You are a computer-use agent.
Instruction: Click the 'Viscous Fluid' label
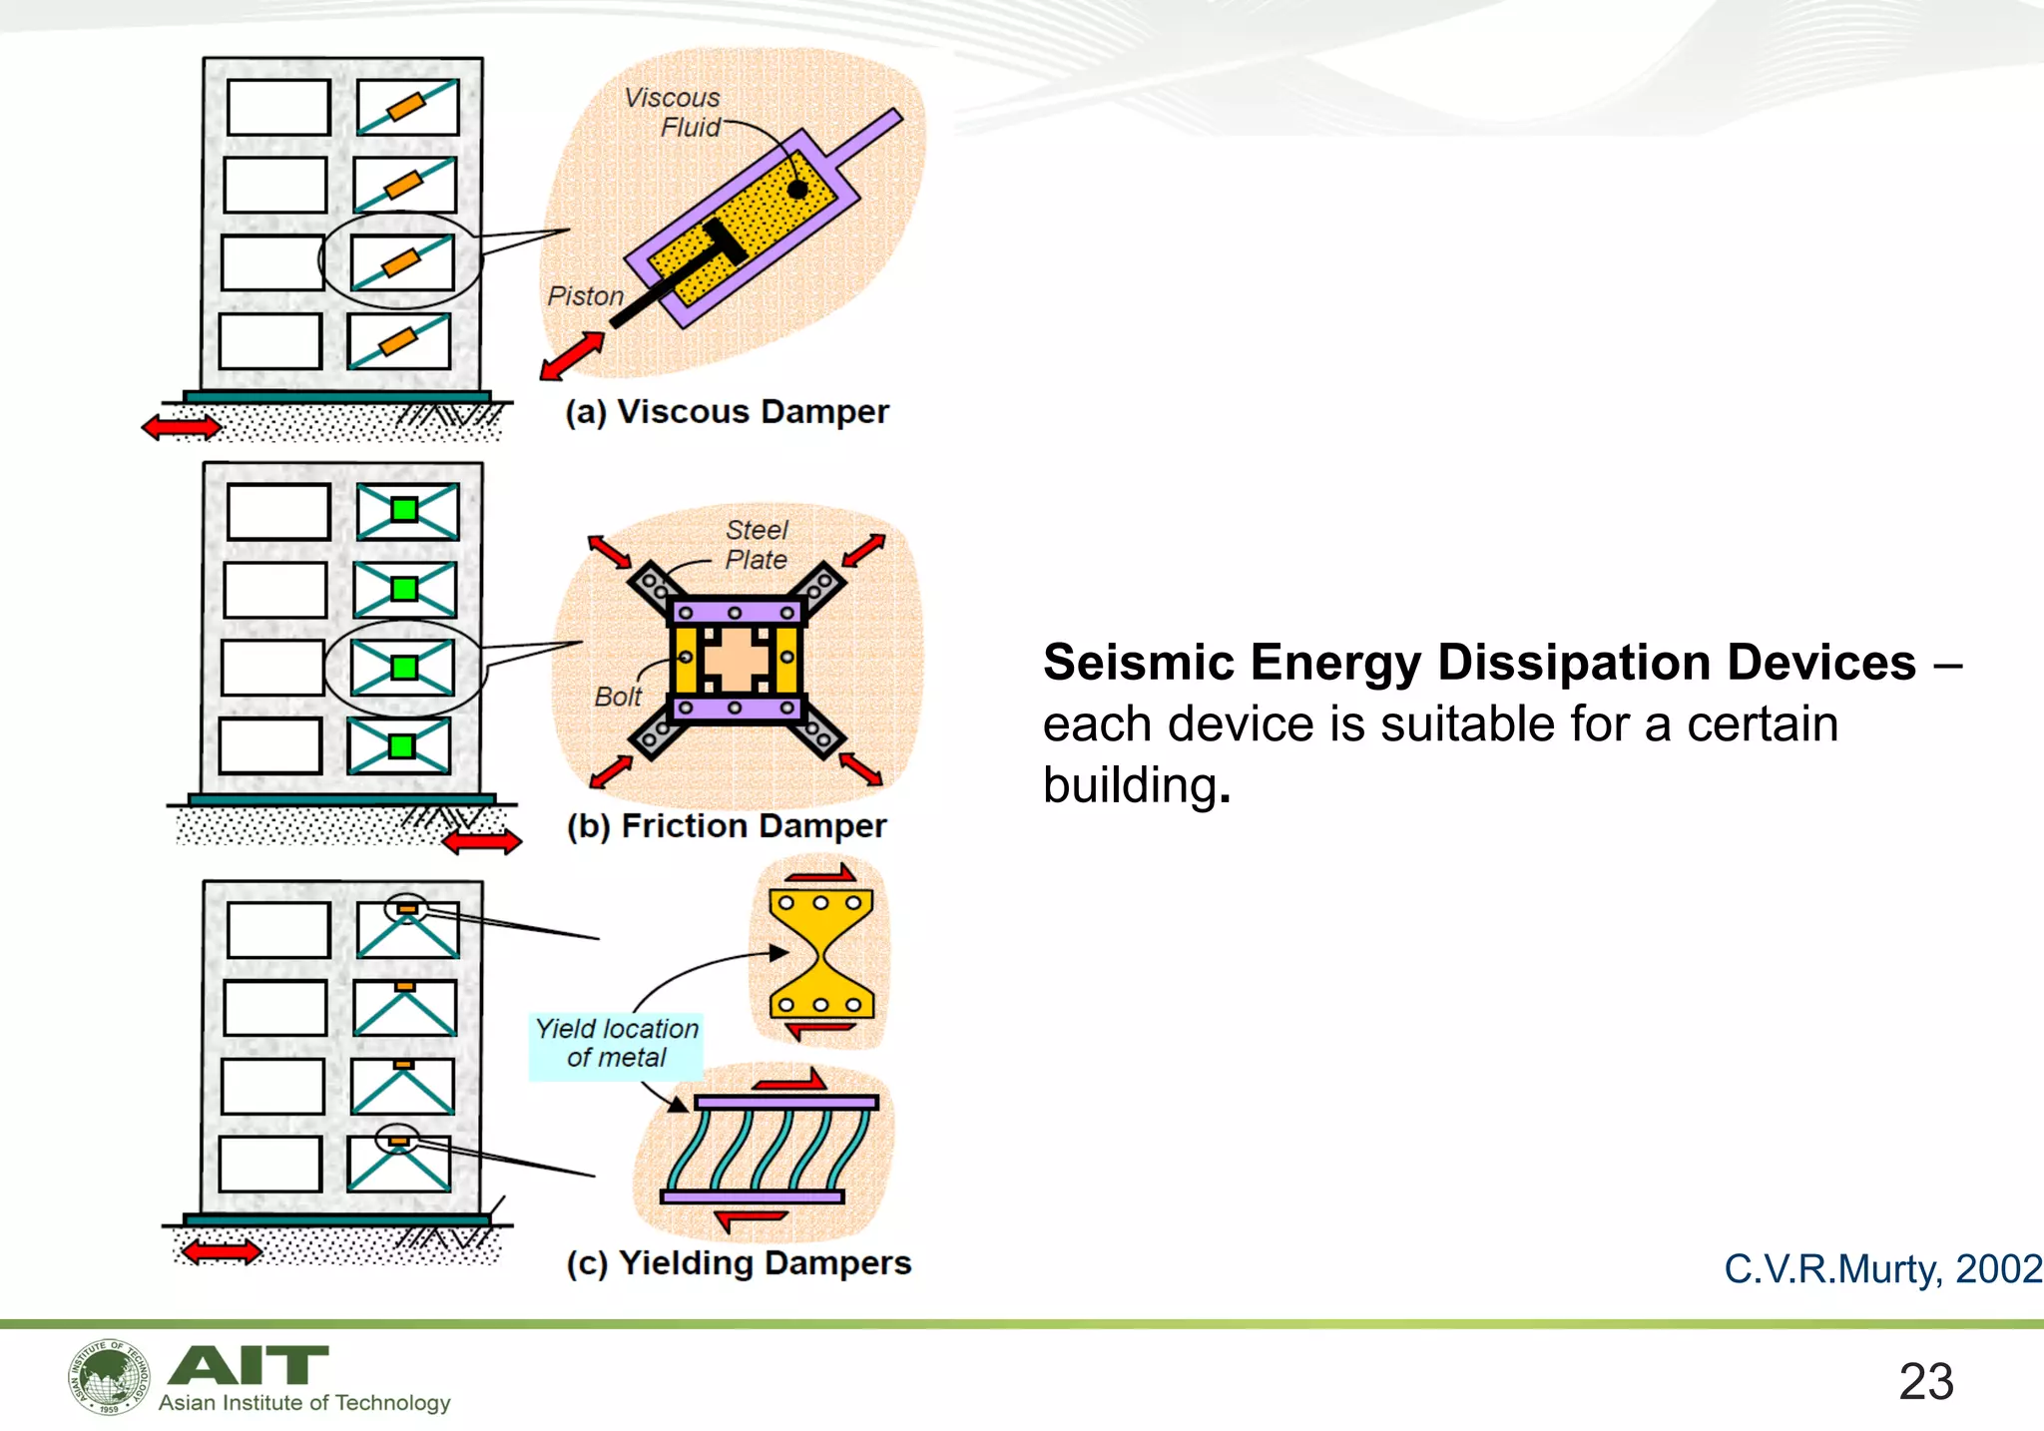(x=673, y=112)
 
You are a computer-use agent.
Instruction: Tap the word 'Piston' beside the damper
(x=585, y=296)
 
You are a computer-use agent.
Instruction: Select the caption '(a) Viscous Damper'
(x=727, y=412)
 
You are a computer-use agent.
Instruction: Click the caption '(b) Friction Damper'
(x=727, y=826)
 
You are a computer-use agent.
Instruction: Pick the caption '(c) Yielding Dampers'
(x=739, y=1263)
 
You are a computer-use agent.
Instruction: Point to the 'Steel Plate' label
(x=757, y=545)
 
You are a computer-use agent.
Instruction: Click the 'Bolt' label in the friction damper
(x=618, y=697)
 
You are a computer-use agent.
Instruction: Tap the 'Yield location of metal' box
(x=617, y=1044)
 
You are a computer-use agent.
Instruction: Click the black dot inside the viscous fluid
(x=797, y=189)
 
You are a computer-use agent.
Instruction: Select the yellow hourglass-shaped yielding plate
(x=820, y=954)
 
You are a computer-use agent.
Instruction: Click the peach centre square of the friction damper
(x=736, y=660)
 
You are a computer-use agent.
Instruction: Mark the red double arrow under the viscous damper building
(x=182, y=428)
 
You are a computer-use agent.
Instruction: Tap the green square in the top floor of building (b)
(x=404, y=510)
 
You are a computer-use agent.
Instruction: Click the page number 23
(x=1925, y=1382)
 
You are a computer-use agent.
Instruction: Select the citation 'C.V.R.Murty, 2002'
(x=1882, y=1269)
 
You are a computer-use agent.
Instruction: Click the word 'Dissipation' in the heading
(x=1581, y=663)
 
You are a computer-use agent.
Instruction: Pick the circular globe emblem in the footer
(x=109, y=1377)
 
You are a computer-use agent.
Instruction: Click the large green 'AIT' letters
(x=249, y=1365)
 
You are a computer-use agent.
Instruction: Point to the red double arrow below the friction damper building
(x=482, y=843)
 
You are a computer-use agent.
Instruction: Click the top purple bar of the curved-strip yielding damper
(x=786, y=1103)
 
